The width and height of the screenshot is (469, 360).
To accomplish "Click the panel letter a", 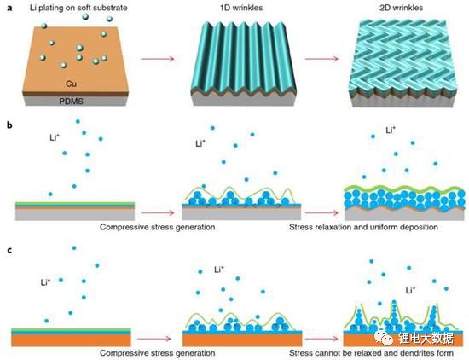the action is click(10, 8).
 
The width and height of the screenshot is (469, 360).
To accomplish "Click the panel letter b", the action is click(10, 125).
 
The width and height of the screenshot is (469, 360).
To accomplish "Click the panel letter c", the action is click(10, 250).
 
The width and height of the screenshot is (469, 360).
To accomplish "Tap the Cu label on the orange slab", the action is click(71, 84).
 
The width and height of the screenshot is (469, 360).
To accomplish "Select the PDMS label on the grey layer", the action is click(71, 102).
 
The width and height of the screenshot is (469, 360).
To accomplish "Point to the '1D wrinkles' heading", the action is click(241, 8).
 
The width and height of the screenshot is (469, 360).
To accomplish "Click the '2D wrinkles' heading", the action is click(401, 8).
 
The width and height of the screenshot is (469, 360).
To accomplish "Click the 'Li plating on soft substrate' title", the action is click(78, 8).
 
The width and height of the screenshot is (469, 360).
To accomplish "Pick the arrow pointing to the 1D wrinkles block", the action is click(158, 59).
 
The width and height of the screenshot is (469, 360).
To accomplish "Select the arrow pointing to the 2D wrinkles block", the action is click(321, 59).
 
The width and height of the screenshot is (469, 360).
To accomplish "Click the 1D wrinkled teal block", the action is click(243, 63).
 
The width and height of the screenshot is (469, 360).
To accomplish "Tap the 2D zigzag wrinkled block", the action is click(402, 63).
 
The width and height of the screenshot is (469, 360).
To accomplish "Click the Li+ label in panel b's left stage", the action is click(55, 137).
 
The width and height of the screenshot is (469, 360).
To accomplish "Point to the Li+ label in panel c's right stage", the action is click(410, 290).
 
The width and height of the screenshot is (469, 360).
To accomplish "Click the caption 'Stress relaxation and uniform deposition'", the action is click(363, 227).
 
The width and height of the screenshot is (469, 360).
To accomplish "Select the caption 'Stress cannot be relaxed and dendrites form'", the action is click(371, 353).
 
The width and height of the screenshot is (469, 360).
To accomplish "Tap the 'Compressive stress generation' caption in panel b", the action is click(158, 227).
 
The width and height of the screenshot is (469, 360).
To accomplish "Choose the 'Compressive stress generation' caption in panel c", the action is click(158, 353).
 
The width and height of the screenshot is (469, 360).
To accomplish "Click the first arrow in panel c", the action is click(153, 339).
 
